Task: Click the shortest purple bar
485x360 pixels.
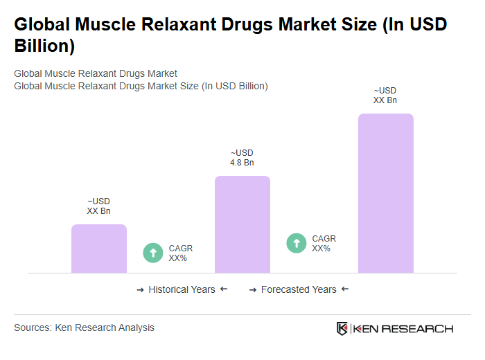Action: (99, 249)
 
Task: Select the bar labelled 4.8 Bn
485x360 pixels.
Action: (242, 224)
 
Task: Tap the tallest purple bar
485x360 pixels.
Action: (385, 193)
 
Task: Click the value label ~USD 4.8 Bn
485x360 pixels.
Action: (242, 158)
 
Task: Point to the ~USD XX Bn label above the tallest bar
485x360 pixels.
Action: (385, 96)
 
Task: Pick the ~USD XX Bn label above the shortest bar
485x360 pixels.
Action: (98, 206)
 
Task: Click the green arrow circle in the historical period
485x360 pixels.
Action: (153, 253)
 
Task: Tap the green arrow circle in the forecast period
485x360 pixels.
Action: (297, 243)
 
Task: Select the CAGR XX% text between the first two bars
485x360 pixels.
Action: (180, 253)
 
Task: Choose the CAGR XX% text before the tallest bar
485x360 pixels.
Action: (324, 244)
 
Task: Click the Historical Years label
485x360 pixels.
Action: (182, 289)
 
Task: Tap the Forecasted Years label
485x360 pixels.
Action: (299, 289)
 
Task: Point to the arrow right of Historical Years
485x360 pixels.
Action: (224, 289)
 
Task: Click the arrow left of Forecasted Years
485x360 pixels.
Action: (253, 289)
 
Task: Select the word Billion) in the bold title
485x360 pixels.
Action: (44, 47)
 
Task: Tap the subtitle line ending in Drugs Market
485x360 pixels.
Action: (96, 73)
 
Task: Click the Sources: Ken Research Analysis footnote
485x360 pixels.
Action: (84, 327)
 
